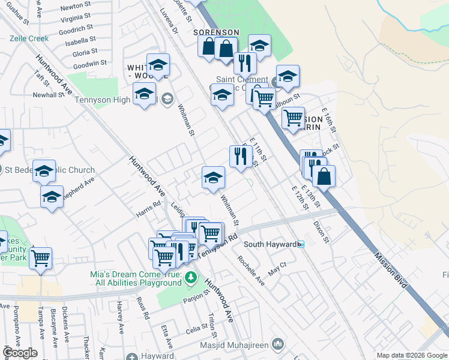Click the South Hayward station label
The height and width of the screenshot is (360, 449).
pyautogui.click(x=270, y=244)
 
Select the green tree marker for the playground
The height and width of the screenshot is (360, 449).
pyautogui.click(x=191, y=277)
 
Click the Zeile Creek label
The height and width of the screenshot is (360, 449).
pyautogui.click(x=29, y=38)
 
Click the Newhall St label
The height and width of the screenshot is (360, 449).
pyautogui.click(x=48, y=95)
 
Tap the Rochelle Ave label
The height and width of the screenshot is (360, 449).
pyautogui.click(x=250, y=270)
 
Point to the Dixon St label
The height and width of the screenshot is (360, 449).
pyautogui.click(x=322, y=232)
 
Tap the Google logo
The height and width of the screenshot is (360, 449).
pyautogui.click(x=20, y=352)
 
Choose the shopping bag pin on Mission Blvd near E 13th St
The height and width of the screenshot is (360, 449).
pyautogui.click(x=324, y=176)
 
